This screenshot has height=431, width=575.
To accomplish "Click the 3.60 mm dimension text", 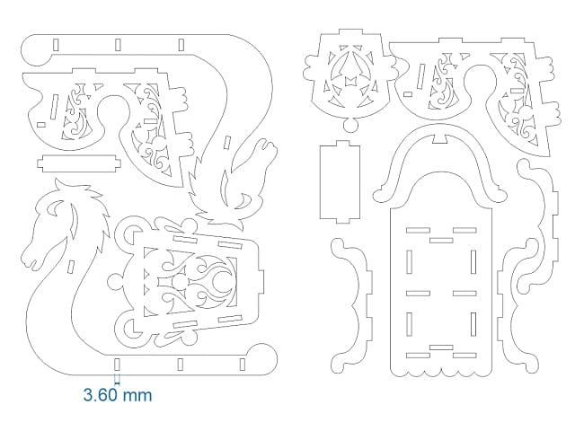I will (x=117, y=394).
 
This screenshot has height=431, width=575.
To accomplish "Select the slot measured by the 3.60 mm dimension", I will (x=116, y=365).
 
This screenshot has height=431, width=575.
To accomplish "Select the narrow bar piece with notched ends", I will (x=79, y=163).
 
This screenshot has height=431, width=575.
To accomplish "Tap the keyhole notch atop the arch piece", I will (x=439, y=136).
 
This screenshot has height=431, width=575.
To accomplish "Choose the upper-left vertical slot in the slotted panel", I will (x=409, y=261).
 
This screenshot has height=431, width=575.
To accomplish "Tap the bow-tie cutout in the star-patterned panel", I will (x=347, y=84).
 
